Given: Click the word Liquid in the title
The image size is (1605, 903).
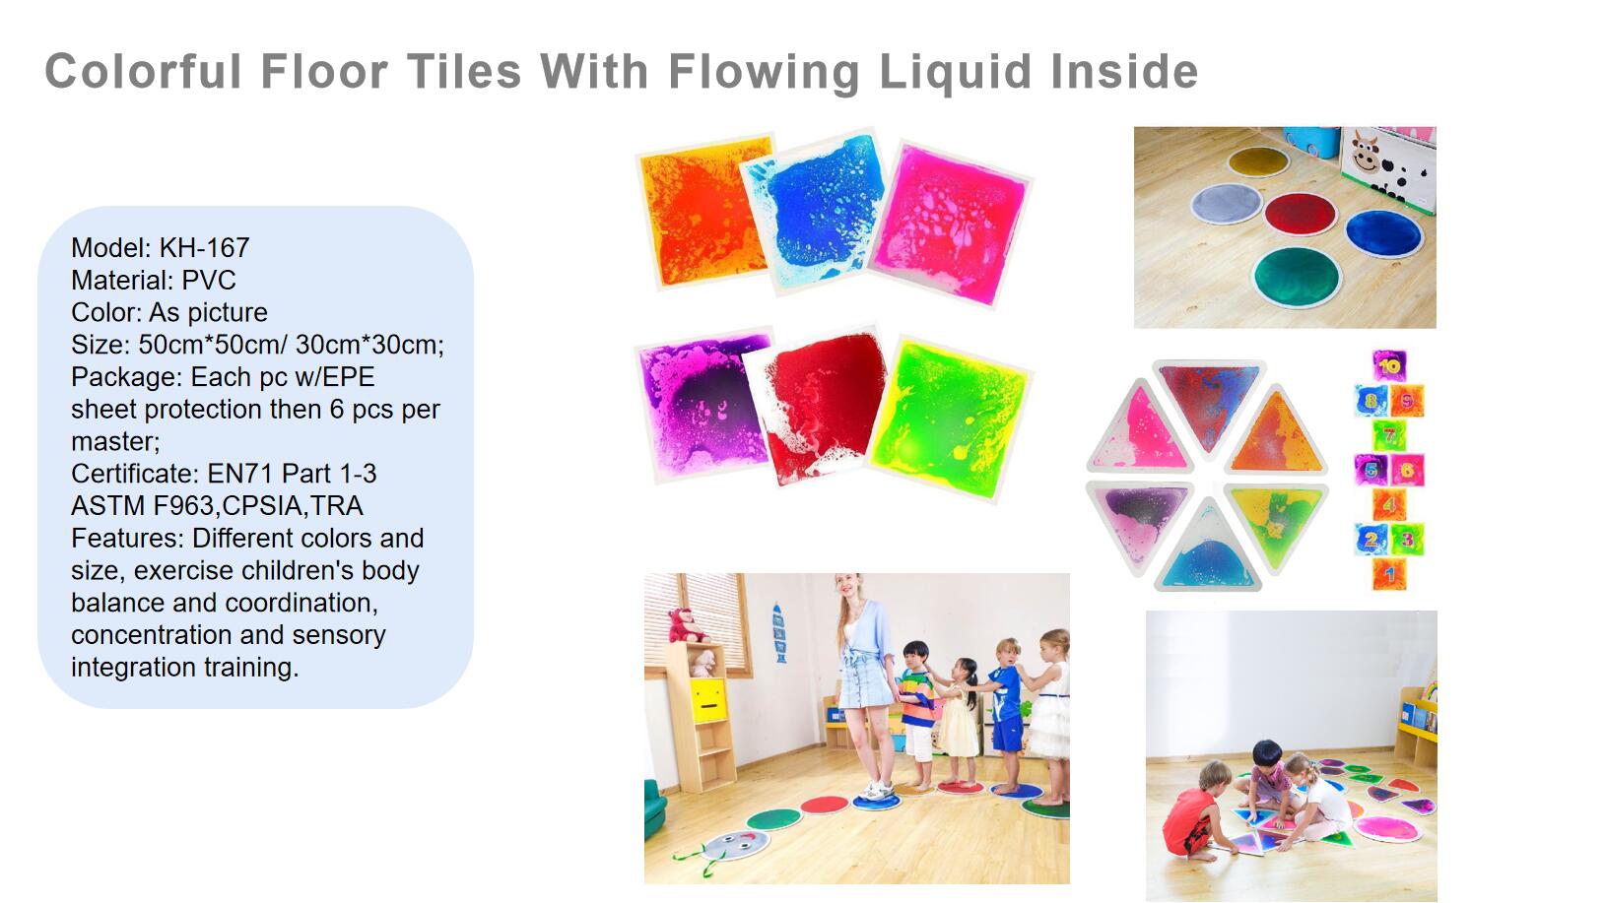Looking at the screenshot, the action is pos(955,72).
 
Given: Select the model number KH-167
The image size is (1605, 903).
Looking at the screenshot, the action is pos(204,248).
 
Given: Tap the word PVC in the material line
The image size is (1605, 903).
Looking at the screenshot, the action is pos(209,280).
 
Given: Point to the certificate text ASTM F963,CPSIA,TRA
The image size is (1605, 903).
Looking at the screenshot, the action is pos(217,505).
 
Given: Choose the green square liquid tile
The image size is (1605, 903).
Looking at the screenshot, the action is pos(950,419).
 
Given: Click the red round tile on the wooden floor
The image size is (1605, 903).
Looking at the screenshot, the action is pos(1301,213).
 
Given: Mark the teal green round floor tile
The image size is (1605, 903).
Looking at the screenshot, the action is pos(1297,277).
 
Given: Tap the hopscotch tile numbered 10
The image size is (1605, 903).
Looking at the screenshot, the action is pos(1389,366).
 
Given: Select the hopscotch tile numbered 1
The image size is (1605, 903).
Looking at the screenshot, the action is pos(1389,573).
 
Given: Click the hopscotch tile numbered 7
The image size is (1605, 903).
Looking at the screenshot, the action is pos(1389,434).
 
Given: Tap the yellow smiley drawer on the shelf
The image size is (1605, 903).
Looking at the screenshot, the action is pos(708,699).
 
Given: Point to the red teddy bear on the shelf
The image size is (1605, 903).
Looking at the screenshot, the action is pos(686,626).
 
